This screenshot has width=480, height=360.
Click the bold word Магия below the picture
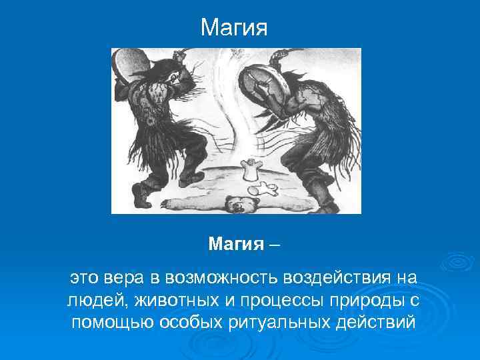tap(236, 244)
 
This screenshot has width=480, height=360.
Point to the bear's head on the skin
tap(237, 203)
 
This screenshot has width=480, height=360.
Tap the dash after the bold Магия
tap(275, 245)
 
